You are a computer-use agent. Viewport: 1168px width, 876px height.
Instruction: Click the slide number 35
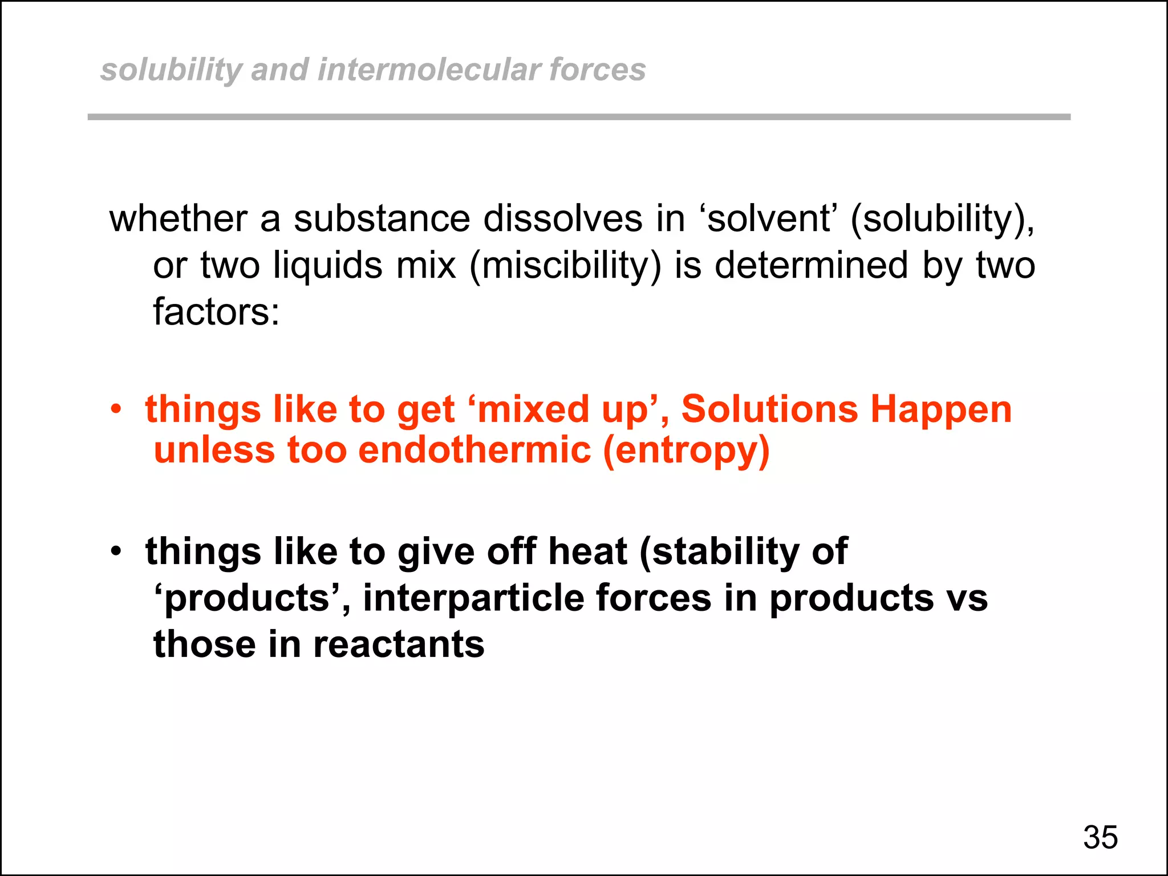[1100, 837]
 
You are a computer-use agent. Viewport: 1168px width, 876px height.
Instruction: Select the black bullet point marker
[116, 551]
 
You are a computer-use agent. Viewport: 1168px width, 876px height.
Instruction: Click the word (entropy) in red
[686, 451]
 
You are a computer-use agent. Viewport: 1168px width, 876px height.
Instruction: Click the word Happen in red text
[941, 411]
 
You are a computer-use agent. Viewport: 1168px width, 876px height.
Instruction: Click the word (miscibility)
[565, 266]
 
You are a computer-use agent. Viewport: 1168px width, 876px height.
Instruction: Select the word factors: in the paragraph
[216, 312]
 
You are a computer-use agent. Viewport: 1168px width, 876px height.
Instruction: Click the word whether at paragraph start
[179, 218]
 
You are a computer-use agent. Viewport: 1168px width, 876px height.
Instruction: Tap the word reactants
[399, 644]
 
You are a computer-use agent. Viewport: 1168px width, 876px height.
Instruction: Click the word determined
[811, 265]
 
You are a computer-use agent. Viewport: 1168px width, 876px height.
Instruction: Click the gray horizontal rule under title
[579, 117]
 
